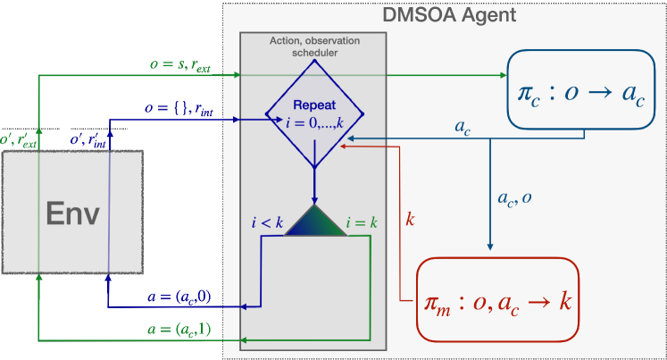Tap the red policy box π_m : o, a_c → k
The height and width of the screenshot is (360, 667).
point(497,300)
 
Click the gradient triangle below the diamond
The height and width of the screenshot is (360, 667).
point(313,221)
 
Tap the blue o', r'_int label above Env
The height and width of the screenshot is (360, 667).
point(89,140)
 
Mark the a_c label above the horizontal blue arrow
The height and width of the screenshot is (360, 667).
point(463,127)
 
